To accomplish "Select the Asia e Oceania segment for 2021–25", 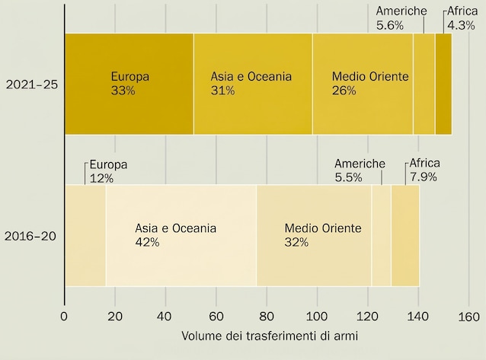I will (x=253, y=84).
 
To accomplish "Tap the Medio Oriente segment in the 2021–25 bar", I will (x=363, y=84).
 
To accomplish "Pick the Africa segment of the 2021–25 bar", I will (x=443, y=84).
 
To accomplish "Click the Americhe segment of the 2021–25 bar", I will (x=424, y=84).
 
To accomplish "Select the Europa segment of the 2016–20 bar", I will (x=85, y=235).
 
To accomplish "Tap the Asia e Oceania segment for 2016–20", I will (x=181, y=235).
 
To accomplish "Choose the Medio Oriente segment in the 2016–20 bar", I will (x=314, y=235).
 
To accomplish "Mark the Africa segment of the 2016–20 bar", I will (x=405, y=235).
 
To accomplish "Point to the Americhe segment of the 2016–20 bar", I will (x=381, y=235).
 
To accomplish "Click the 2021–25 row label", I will (x=31, y=84).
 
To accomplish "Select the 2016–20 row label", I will (x=31, y=235).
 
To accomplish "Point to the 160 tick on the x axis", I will (x=468, y=316).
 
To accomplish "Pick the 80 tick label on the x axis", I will (x=267, y=316).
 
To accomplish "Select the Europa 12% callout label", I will (x=107, y=171).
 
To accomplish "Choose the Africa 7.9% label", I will (x=424, y=171).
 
